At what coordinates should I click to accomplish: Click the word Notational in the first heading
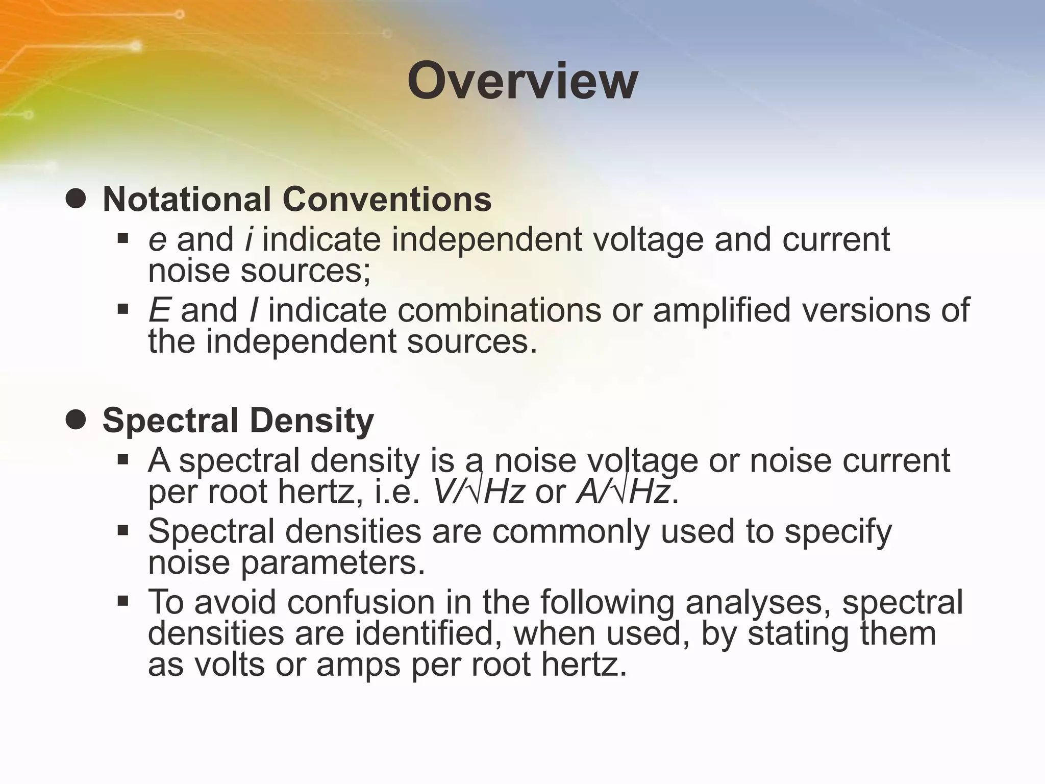pos(186,199)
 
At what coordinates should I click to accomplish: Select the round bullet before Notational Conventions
pos(76,199)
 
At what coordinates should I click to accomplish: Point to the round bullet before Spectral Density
pos(76,421)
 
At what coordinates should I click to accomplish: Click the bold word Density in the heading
pos(312,422)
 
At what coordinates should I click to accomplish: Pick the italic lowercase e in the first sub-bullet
pos(157,240)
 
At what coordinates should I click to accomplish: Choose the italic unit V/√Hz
pos(478,493)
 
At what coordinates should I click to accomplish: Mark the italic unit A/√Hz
pos(623,493)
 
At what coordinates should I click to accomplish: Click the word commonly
pos(571,531)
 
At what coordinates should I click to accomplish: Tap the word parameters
pos(332,562)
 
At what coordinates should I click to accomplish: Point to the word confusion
pos(361,602)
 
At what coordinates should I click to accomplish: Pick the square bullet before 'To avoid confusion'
pos(122,601)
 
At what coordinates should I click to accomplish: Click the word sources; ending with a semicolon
pos(305,271)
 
